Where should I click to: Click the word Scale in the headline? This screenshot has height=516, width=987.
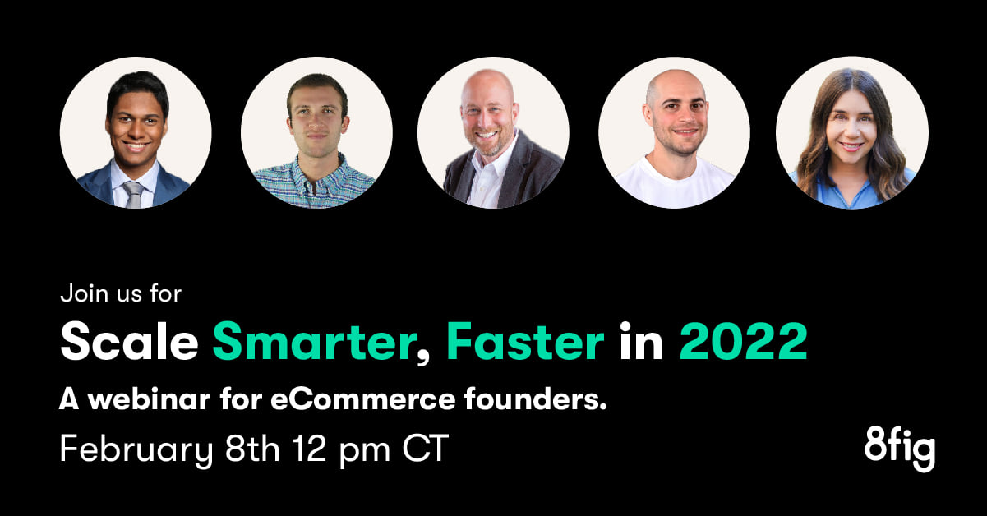(x=129, y=341)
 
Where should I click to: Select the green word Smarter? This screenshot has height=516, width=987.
(x=315, y=341)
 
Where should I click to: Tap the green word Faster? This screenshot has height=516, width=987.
(x=525, y=341)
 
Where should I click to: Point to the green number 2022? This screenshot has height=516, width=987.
(x=744, y=341)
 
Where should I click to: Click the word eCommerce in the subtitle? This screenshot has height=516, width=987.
(x=362, y=399)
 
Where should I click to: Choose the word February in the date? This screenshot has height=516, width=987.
(x=136, y=449)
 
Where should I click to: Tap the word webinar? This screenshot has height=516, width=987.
(x=150, y=399)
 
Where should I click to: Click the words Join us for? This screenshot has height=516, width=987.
(x=121, y=293)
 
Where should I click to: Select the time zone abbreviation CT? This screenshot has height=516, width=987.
(x=425, y=448)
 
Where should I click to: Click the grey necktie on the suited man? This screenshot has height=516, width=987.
(x=132, y=194)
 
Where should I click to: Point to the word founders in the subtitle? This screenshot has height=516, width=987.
(x=535, y=399)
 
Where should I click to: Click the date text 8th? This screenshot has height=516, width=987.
(x=252, y=448)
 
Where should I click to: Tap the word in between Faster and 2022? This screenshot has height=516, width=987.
(x=641, y=341)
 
